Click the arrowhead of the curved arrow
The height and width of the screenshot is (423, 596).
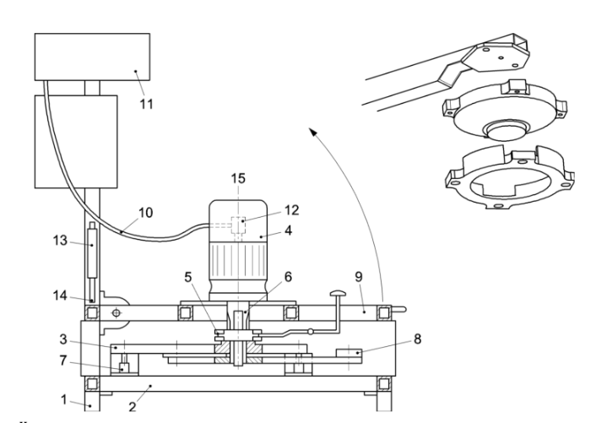tap(311, 131)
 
